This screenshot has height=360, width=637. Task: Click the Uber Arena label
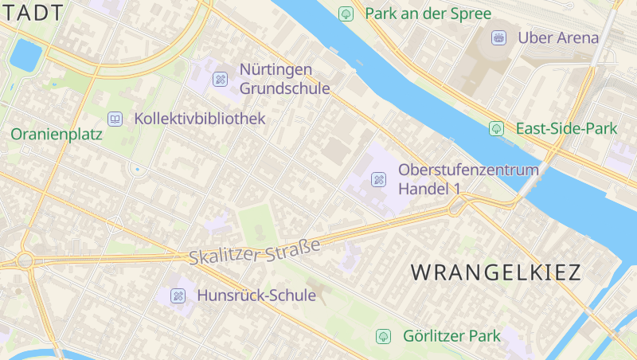557,37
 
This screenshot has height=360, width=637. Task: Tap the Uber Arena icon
498,37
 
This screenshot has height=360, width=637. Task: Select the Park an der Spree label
428,14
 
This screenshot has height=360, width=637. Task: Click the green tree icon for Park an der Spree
346,14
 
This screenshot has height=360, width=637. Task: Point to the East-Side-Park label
566,128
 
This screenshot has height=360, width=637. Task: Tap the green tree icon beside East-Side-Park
497,127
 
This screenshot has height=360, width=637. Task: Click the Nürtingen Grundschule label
284,79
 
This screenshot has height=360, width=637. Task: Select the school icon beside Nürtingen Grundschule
220,79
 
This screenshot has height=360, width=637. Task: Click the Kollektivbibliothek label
200,119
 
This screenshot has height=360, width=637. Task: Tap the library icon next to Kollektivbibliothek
115,119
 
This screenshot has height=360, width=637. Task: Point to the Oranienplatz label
57,135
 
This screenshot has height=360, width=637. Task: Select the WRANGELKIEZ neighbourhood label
496,272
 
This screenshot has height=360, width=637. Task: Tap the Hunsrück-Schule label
256,295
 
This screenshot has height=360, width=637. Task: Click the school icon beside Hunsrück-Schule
178,295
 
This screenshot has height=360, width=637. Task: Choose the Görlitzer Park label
451,336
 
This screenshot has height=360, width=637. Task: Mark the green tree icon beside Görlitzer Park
384,336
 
